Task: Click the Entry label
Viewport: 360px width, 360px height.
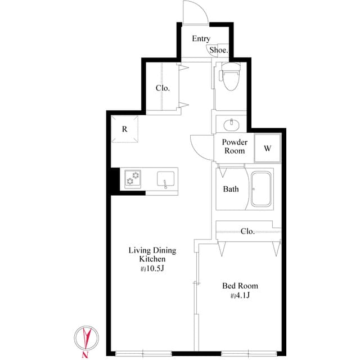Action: point(201,39)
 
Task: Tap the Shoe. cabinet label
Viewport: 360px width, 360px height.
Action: point(219,50)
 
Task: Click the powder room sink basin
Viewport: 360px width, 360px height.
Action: point(231,124)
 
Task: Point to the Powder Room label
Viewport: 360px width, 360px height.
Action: point(234,147)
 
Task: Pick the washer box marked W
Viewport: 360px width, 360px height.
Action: point(268,149)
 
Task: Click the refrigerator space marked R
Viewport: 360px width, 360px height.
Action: point(125,129)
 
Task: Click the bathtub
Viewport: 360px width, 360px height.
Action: point(261,189)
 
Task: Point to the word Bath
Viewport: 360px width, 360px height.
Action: point(231,189)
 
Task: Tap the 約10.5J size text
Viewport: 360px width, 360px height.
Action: point(152,269)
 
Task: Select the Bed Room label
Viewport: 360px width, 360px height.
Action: point(240,286)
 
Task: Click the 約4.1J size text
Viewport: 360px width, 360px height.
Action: point(240,296)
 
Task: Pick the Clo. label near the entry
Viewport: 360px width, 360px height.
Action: point(163,88)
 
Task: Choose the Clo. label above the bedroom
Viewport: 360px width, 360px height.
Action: point(247,231)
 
